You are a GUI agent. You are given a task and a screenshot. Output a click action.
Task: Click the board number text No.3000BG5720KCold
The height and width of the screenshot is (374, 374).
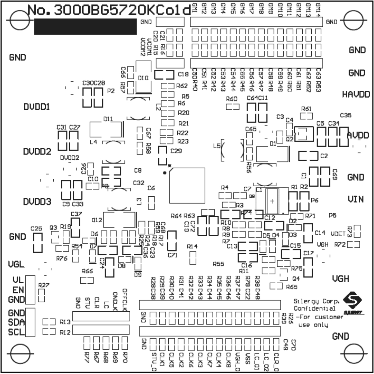(109, 11)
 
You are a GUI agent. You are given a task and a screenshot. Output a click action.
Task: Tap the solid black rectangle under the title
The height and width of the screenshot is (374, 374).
(85, 27)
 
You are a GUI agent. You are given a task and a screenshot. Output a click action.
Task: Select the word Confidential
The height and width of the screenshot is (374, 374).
(314, 309)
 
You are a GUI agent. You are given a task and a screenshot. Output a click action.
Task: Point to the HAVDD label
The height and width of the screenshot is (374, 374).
(354, 94)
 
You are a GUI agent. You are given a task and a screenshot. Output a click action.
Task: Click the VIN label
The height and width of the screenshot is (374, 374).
(356, 199)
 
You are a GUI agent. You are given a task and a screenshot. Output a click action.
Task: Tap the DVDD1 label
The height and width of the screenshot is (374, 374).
(37, 107)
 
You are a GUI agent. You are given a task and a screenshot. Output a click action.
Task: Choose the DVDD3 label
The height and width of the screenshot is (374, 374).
(37, 202)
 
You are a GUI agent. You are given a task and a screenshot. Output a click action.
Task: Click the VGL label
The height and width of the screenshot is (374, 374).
(16, 265)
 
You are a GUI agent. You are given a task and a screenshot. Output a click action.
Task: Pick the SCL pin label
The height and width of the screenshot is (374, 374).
(17, 333)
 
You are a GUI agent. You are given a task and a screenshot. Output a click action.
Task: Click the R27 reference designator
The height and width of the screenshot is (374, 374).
(44, 285)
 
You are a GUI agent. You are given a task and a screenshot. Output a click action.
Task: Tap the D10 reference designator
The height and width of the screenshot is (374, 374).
(143, 78)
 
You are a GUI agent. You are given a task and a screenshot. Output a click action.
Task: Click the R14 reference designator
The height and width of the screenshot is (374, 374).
(192, 246)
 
